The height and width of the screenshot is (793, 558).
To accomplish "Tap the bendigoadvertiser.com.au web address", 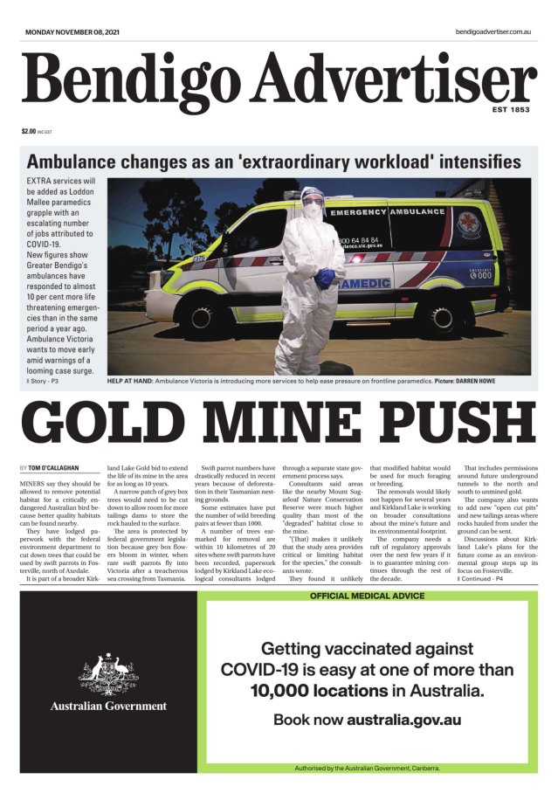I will point(493,31).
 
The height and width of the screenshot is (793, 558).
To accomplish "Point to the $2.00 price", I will point(29,132).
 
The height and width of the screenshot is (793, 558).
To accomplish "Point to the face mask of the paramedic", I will point(312,210).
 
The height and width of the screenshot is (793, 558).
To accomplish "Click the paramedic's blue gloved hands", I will point(326,278).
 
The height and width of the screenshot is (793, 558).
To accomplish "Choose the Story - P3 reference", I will point(42,382).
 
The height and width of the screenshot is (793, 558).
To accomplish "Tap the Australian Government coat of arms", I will point(108,673).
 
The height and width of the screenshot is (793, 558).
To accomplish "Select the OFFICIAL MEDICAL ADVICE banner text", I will point(367,596).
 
